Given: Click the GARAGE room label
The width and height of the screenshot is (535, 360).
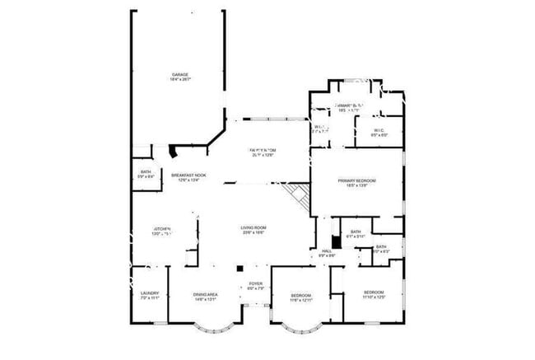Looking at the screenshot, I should point(180,75).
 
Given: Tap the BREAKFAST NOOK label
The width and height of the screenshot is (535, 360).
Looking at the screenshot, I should point(188,175).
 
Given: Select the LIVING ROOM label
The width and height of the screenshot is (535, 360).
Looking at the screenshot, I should point(254,228).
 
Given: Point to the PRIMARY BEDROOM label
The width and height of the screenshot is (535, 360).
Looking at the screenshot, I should point(357,180).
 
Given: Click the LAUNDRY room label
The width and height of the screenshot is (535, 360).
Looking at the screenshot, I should point(149,294).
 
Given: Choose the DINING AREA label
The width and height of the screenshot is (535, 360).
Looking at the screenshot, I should point(205,294).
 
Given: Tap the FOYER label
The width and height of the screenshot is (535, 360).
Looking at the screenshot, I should point(255,284).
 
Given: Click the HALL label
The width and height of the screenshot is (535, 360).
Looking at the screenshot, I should point(326,250).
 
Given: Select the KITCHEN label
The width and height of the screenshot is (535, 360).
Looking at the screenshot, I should point(161,228).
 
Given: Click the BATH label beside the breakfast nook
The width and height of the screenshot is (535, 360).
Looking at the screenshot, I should point(145,172).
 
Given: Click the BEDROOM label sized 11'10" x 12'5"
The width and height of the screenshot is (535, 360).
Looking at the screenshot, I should point(374,292).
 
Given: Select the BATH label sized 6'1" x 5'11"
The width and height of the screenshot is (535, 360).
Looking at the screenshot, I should point(356,232).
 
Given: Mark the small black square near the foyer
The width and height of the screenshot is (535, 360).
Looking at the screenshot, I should point(240,269).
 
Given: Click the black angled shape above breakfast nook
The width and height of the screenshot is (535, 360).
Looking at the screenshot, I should point(174,152).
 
